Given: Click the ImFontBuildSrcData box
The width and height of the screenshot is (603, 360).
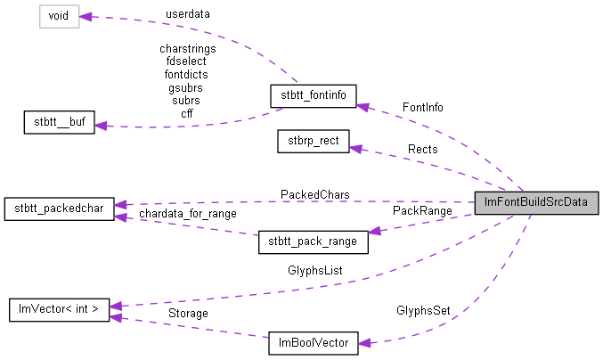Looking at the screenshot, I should pos(535,202).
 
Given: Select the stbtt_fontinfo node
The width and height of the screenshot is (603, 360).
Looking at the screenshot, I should pos(314,94).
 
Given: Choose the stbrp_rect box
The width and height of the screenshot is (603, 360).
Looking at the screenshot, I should pos(313,140).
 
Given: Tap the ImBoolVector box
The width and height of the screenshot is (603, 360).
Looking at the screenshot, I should pos(314,341).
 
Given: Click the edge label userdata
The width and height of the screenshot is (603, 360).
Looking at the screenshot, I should pos(188,15).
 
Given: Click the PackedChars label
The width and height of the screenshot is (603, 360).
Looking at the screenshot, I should pos(314,193).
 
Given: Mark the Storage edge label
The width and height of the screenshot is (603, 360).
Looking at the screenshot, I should pos(188,314).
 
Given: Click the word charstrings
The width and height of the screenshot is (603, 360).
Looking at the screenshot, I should pos(187,48).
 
